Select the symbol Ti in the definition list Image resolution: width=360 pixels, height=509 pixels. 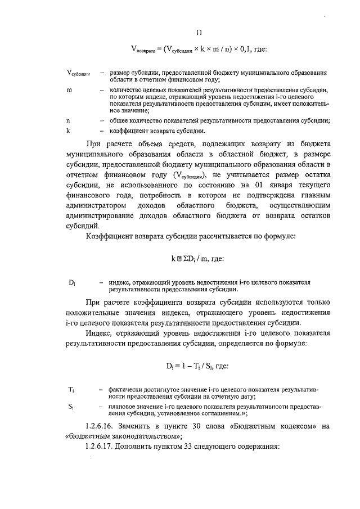[71, 389]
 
